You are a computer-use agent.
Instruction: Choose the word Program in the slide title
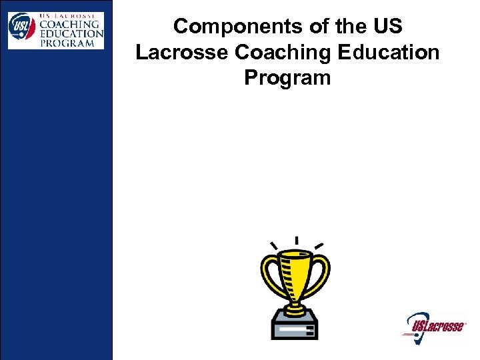click(287, 77)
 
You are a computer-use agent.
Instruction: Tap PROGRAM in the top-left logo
click(69, 43)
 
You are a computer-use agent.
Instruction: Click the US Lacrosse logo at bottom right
click(435, 326)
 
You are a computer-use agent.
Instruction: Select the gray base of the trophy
click(295, 327)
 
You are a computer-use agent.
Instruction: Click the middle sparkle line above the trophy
click(296, 241)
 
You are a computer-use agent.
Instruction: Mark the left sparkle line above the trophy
click(273, 245)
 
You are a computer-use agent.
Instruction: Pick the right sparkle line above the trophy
click(319, 245)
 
